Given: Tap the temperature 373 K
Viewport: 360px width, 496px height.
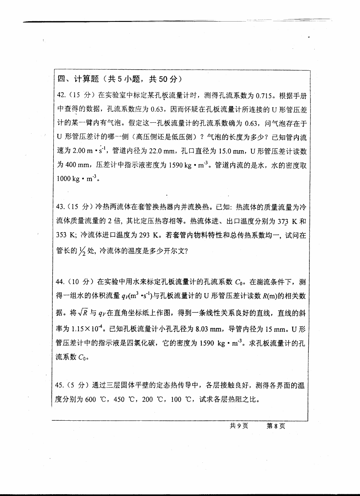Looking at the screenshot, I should point(288,221).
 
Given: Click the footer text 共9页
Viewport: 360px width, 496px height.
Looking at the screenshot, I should point(239,426).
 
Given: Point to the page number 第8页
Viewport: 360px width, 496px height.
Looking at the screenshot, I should point(276,426).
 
